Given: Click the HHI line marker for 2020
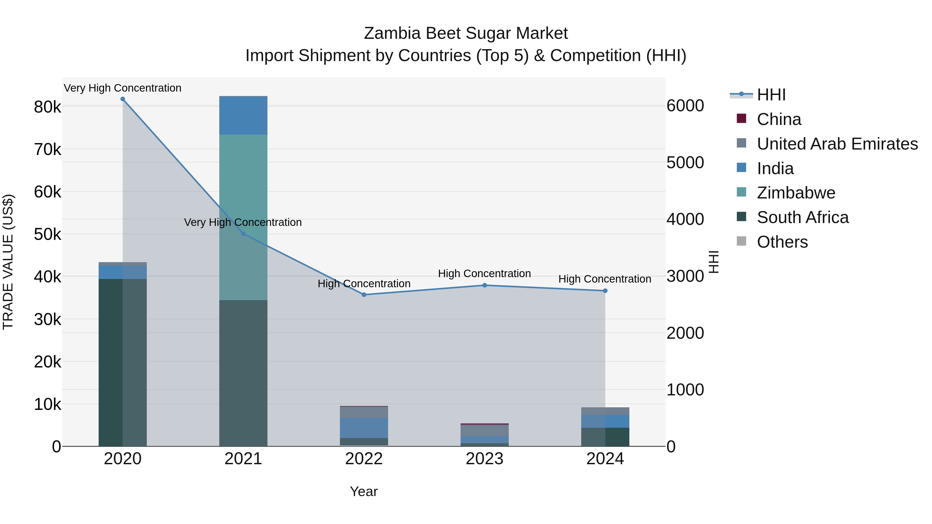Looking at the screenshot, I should pos(123,99).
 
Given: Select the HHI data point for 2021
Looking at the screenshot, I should pos(243,234).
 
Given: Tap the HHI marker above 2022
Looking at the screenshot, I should pos(364,295).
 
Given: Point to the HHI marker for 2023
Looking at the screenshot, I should pos(484,285).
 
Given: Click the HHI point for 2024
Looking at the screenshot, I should pos(605,291).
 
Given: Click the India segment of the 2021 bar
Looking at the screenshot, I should pos(243,116).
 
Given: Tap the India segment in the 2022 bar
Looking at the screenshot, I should pos(364,428).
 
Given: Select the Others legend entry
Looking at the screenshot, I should pos(782,242).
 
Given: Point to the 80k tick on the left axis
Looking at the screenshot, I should pos(47,107).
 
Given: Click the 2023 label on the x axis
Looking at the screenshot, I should pos(484,459).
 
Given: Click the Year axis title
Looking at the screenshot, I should pos(364,491).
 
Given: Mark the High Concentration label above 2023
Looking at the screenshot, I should pos(484,274).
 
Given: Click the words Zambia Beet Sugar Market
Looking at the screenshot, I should pos(466,33).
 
